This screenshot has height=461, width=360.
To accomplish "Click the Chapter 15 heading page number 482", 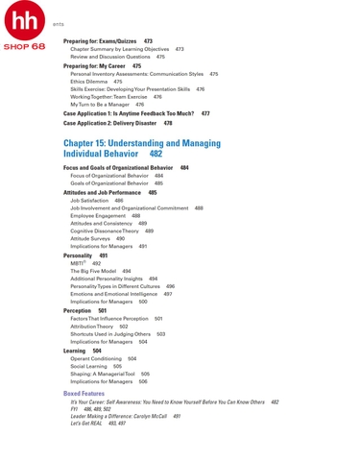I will pos(156,154).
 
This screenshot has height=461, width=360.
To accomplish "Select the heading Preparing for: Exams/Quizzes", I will pos(100,41).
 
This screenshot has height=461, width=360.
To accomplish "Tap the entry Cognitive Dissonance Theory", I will pos(105,230).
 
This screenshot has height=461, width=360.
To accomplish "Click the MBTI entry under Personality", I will pos(78,263).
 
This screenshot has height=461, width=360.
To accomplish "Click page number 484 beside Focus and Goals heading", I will pos(184,168).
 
